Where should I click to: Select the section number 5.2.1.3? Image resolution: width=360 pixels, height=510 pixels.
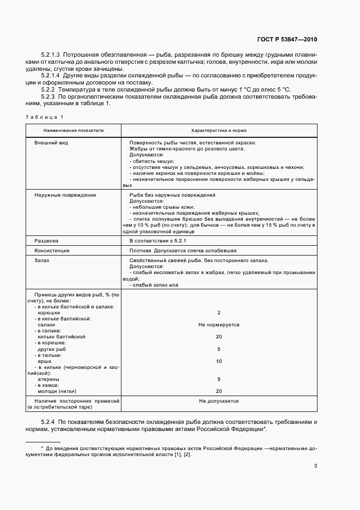52,55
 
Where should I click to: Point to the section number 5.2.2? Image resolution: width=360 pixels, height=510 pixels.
48,89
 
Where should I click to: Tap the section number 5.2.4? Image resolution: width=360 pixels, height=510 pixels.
48,422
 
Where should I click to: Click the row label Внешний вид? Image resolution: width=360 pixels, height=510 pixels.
51,142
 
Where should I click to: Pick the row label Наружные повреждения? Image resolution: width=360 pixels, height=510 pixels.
65,195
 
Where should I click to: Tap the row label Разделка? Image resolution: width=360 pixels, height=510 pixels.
46,240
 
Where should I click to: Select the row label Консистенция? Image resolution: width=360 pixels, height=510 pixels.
52,251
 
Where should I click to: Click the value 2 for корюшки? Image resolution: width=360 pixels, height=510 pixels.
218,313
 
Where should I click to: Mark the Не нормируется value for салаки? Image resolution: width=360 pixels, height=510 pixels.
218,325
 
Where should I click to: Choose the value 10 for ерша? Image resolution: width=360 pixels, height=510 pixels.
218,361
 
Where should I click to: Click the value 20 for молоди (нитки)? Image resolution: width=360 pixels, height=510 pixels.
218,391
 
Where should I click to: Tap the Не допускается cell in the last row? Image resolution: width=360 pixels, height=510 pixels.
218,401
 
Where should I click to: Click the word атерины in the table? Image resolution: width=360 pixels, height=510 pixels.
48,379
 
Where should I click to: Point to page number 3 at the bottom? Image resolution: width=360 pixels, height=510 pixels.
315,465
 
